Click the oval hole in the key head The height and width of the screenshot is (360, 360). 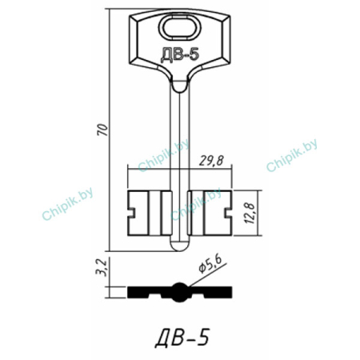pyautogui.click(x=180, y=27)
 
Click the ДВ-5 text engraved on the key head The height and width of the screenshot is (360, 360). pyautogui.click(x=180, y=55)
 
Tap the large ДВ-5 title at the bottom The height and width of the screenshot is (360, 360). pyautogui.click(x=182, y=338)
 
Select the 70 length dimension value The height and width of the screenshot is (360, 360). pyautogui.click(x=103, y=130)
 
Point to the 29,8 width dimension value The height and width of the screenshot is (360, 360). pyautogui.click(x=211, y=161)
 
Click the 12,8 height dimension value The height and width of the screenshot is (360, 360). pyautogui.click(x=250, y=213)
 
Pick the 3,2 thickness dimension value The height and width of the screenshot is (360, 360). pyautogui.click(x=102, y=268)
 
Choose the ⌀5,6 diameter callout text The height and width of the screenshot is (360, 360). pyautogui.click(x=210, y=265)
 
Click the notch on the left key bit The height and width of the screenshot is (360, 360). pyautogui.click(x=131, y=213)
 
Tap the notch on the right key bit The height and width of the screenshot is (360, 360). pyautogui.click(x=228, y=213)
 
